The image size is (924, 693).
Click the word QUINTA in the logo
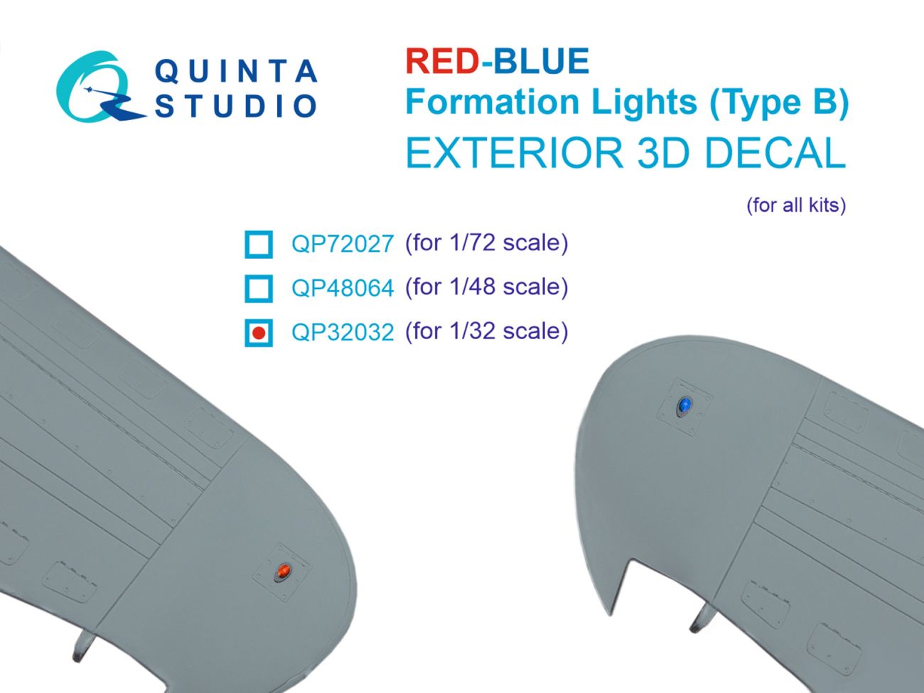(235, 72)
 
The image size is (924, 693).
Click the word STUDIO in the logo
(235, 106)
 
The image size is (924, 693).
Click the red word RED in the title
(441, 61)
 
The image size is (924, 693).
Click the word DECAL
(775, 153)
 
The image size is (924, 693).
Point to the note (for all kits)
(795, 205)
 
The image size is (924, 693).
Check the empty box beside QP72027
(258, 244)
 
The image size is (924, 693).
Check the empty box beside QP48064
(258, 288)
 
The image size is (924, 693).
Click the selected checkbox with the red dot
(258, 332)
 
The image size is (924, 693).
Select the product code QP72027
(342, 244)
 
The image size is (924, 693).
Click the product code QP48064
(342, 288)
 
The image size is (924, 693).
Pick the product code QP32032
(342, 332)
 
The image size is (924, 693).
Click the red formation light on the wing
(283, 571)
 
